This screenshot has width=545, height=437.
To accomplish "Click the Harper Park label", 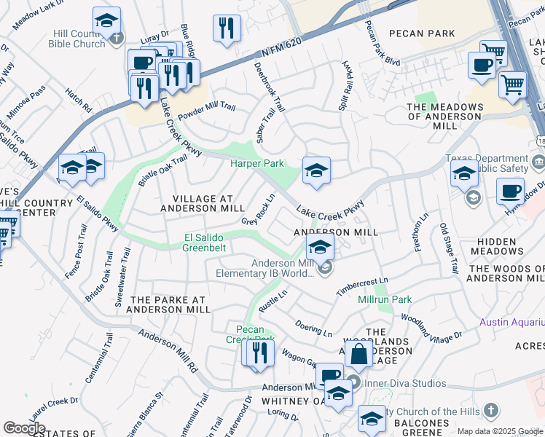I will [x=257, y=164].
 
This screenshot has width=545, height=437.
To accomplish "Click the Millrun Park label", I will [x=385, y=299].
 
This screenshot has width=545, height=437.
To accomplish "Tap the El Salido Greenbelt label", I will [x=205, y=243].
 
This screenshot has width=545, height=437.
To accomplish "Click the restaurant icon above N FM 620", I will [x=227, y=28].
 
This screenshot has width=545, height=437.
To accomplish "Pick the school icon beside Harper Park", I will [x=315, y=170].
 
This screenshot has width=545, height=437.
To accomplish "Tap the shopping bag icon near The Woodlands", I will [x=359, y=355].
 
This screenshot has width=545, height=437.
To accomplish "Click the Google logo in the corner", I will [x=24, y=428].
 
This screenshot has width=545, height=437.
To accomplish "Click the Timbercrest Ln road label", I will [x=363, y=285].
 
